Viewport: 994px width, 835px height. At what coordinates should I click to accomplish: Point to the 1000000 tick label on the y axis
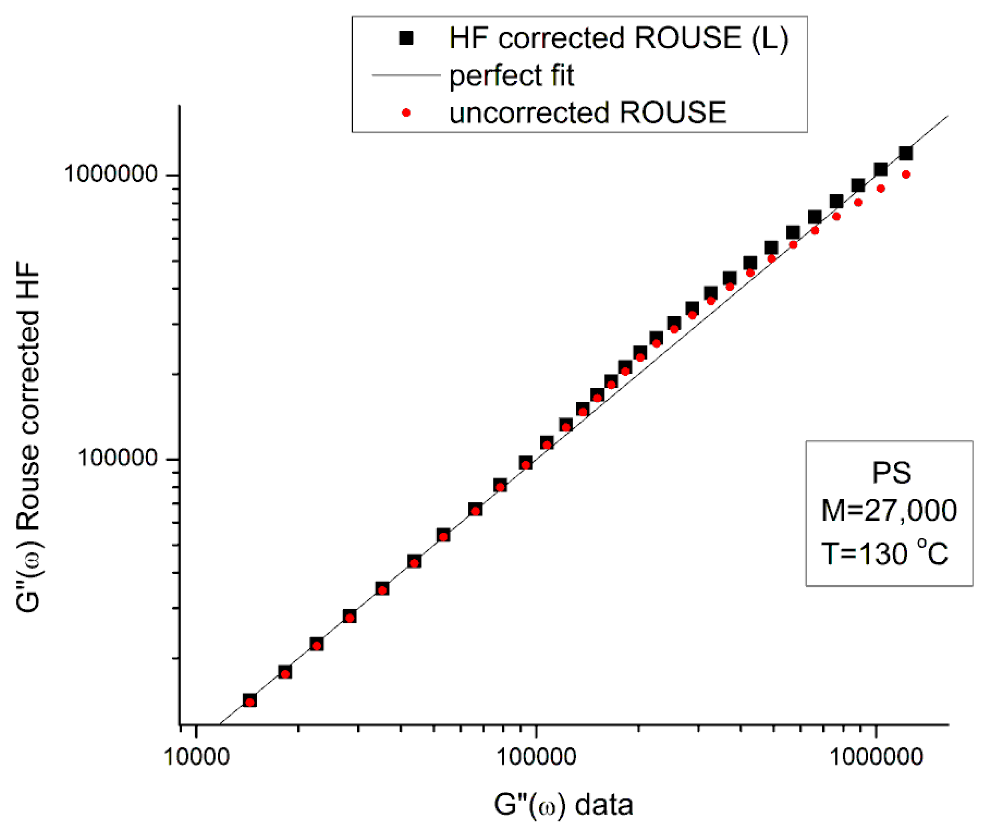point(110,174)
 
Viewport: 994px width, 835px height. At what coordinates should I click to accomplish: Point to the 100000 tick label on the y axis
point(117,458)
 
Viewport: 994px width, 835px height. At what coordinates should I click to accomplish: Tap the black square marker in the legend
point(406,38)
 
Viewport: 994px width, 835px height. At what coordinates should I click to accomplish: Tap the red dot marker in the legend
point(406,113)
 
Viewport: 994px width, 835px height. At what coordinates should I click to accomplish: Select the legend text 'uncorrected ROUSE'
point(587,113)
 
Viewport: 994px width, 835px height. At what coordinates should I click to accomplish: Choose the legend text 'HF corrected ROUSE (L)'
point(618,38)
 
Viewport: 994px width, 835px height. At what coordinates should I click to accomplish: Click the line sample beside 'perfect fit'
point(406,75)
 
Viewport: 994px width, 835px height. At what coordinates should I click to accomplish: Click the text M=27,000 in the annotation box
point(889,511)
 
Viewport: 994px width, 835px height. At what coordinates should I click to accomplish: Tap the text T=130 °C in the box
point(885,553)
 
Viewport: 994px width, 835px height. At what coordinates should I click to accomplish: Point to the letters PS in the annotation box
point(891,473)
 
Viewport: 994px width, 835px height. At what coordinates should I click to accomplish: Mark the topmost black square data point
point(905,153)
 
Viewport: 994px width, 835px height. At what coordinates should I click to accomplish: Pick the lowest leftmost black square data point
point(250,700)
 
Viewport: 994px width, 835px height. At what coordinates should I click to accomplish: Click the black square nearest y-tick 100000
point(525,463)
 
